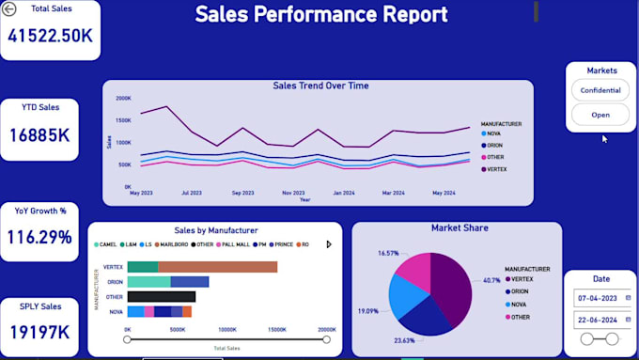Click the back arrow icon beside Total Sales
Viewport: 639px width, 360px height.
coord(9,9)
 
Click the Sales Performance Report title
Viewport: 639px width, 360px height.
coord(320,15)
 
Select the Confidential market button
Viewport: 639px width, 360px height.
coord(600,90)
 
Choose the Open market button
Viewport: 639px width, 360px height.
coord(600,115)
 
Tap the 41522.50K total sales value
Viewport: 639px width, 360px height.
coord(50,37)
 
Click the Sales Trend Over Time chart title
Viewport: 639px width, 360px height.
coord(320,86)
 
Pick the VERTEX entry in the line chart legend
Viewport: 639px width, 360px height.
coord(498,169)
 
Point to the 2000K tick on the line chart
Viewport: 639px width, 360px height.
coord(123,98)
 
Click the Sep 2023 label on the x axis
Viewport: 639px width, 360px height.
coord(242,193)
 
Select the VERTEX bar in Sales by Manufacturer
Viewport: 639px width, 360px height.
coord(202,267)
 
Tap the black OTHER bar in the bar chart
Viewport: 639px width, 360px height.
coord(161,296)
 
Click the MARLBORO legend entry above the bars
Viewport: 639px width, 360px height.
coord(176,244)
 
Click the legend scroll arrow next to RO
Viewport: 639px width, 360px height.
coord(329,244)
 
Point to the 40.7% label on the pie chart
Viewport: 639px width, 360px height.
coord(491,280)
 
